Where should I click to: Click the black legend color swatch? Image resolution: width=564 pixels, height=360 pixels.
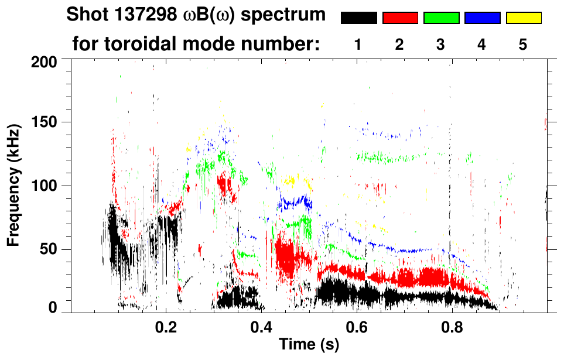pyautogui.click(x=358, y=18)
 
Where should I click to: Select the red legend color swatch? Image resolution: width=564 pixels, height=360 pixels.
pyautogui.click(x=400, y=18)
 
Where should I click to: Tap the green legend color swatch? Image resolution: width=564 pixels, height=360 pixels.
pyautogui.click(x=441, y=18)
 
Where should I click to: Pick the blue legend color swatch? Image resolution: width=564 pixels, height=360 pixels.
pyautogui.click(x=482, y=18)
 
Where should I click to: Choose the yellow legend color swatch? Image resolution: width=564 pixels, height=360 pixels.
pyautogui.click(x=523, y=18)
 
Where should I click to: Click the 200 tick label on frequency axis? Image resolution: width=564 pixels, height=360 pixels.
pyautogui.click(x=45, y=60)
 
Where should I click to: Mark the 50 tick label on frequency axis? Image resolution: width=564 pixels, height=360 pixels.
pyautogui.click(x=49, y=250)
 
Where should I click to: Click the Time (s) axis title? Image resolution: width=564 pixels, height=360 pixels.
pyautogui.click(x=309, y=345)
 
